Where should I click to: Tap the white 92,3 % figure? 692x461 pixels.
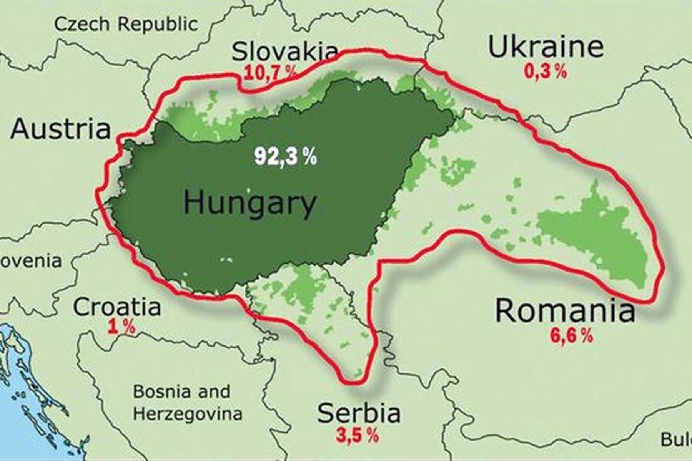tap(285, 156)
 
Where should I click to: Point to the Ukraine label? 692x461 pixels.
tap(545, 47)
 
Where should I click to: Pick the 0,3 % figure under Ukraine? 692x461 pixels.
tap(545, 71)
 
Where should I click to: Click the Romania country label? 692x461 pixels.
tap(565, 311)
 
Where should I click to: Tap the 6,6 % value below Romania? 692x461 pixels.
tap(571, 336)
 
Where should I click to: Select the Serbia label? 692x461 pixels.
tap(359, 413)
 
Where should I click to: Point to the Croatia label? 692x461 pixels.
tap(117, 307)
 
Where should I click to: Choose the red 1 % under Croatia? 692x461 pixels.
tap(121, 327)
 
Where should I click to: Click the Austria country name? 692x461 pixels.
tap(60, 129)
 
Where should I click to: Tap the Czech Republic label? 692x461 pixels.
tap(126, 24)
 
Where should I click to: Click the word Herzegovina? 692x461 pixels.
tap(188, 414)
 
